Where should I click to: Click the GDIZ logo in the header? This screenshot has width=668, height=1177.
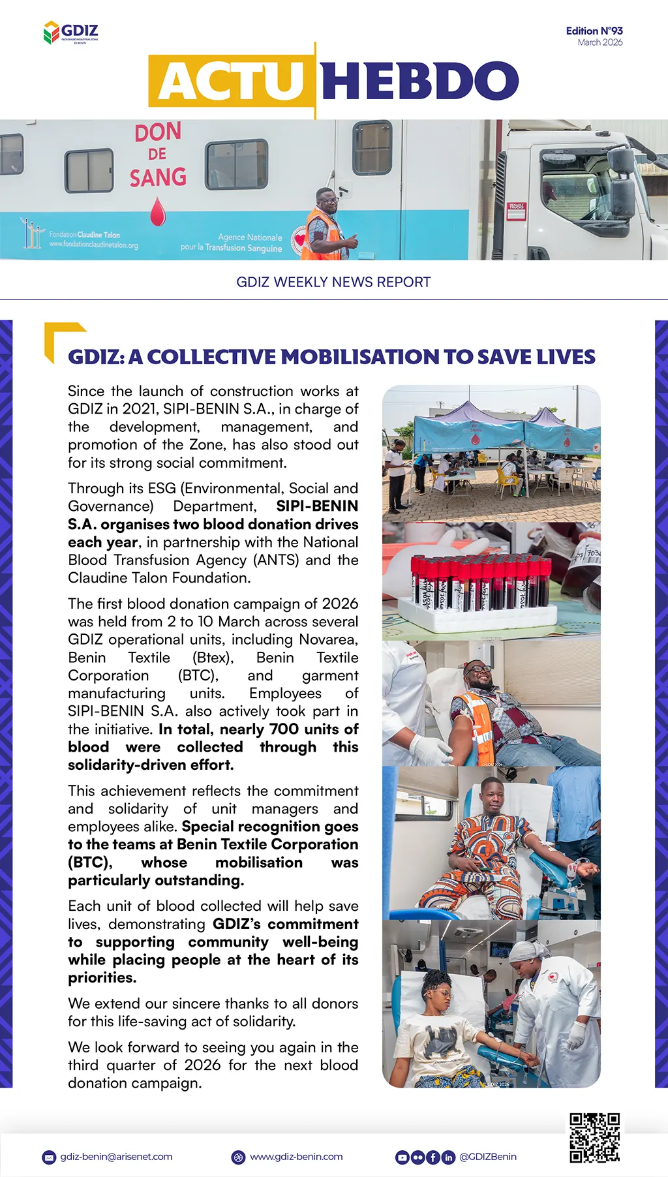(x=70, y=32)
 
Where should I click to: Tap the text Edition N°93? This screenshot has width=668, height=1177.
(x=594, y=31)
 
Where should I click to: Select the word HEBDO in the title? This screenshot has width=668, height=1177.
(x=419, y=82)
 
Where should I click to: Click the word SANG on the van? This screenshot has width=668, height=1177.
(x=158, y=177)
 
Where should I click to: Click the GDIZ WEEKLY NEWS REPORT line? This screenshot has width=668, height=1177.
(x=333, y=282)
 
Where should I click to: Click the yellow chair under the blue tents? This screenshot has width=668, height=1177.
(x=506, y=481)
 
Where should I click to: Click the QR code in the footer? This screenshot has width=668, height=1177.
(x=594, y=1138)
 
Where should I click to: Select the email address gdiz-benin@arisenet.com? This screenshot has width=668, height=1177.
(x=116, y=1157)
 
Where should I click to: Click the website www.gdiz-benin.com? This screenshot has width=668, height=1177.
(x=296, y=1157)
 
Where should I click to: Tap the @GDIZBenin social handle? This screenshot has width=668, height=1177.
(x=488, y=1157)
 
